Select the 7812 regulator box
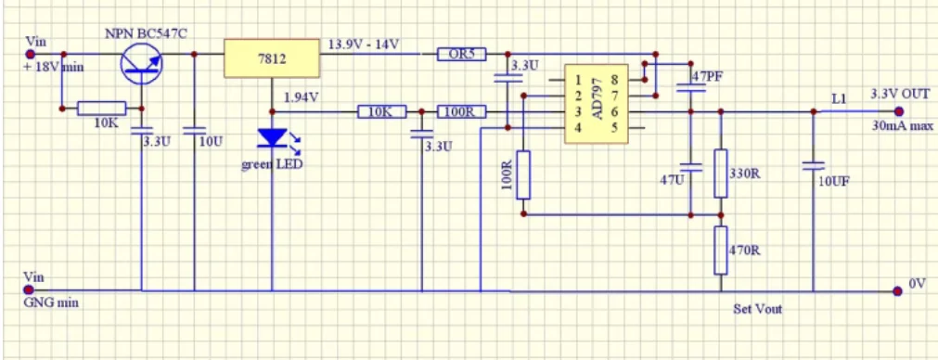click(271, 58)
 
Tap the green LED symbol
click(272, 138)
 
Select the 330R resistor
click(719, 173)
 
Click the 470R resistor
click(719, 250)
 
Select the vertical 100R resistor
click(523, 174)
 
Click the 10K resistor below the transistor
click(101, 109)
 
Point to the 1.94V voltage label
click(302, 96)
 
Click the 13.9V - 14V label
click(364, 45)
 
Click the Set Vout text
click(757, 309)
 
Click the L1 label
click(839, 97)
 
